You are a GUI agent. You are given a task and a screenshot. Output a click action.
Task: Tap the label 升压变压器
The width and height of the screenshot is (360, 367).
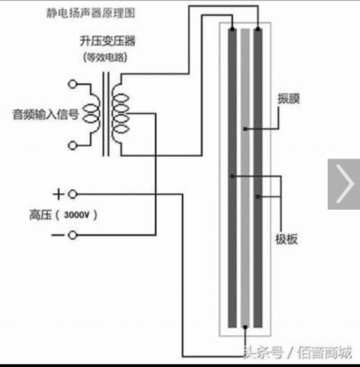(107, 41)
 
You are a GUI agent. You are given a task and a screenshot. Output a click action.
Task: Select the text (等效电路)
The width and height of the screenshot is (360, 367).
(105, 58)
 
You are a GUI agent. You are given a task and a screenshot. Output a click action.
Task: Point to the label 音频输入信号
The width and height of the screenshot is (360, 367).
(45, 114)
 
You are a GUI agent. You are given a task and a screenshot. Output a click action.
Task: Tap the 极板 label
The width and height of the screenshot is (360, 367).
(287, 240)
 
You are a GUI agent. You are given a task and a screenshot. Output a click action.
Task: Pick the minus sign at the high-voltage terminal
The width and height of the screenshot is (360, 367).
(58, 235)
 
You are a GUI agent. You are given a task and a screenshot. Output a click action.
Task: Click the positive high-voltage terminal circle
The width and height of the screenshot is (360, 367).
(72, 194)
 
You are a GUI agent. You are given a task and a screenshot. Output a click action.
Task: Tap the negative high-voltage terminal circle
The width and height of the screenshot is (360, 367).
(72, 235)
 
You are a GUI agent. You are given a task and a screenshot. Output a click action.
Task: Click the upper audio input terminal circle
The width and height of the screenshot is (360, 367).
(72, 84)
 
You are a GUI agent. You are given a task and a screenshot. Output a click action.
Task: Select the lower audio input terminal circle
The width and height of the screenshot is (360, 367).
(72, 145)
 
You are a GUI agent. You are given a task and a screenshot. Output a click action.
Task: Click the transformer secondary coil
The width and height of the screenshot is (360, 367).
(120, 114)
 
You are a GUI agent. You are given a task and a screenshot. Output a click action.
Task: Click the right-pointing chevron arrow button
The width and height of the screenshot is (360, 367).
(344, 184)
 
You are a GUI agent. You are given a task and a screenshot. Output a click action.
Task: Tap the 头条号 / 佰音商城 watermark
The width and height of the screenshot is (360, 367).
(297, 352)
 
